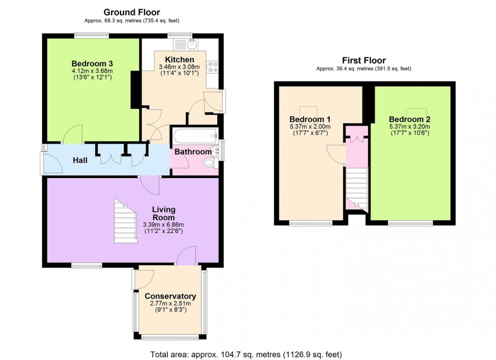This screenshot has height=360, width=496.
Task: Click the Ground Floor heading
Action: (132, 12)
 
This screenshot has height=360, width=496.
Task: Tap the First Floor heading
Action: (363, 60)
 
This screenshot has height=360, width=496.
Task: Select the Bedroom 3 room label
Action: (92, 63)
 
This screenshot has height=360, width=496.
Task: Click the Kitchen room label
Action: (179, 60)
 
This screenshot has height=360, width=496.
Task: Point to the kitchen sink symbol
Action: (192, 44)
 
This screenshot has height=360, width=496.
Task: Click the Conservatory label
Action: (170, 296)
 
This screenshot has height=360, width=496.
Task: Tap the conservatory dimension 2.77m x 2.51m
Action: (170, 303)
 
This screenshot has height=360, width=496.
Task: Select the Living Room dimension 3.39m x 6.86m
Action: (163, 225)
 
